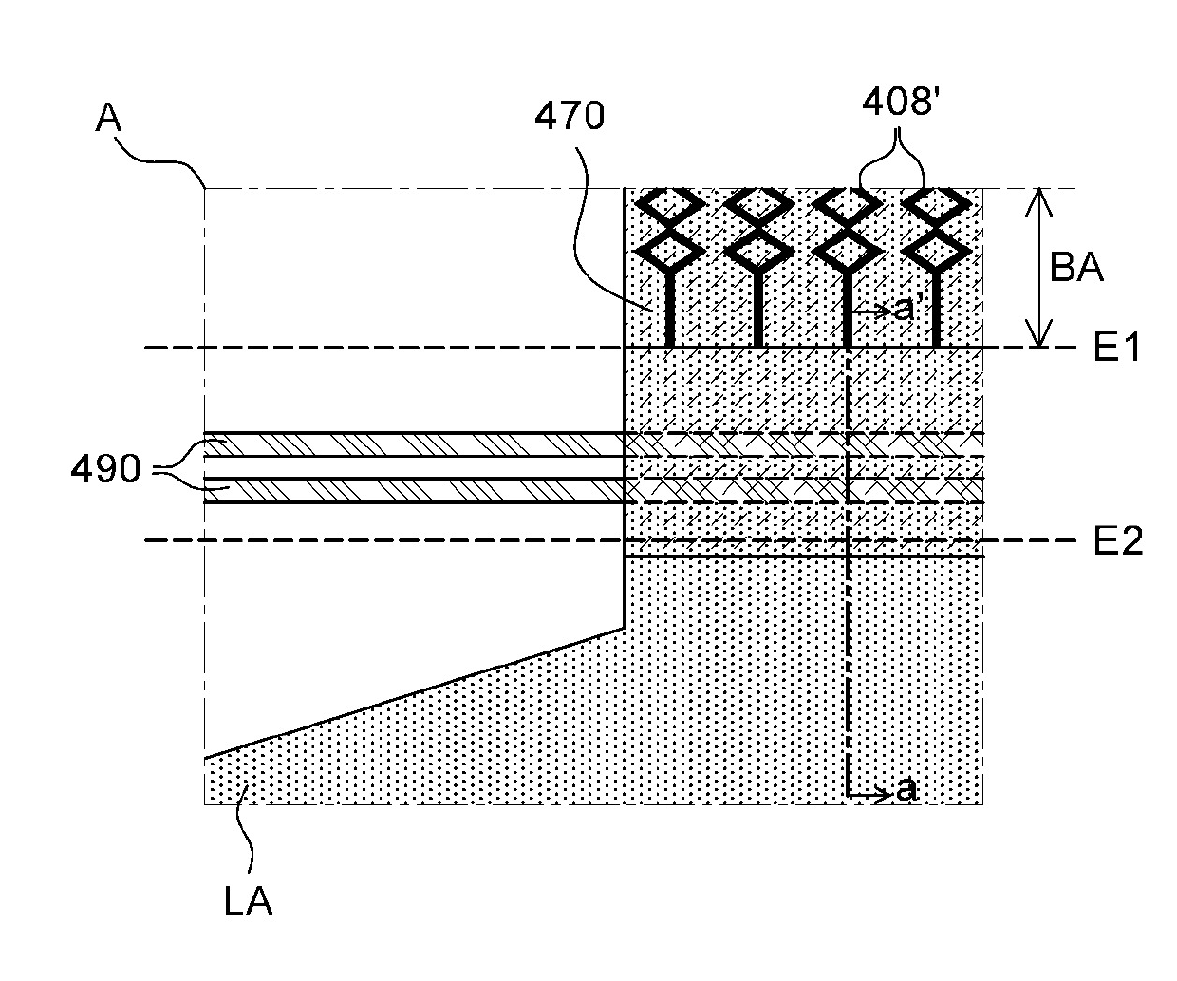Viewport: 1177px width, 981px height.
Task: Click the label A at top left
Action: (111, 120)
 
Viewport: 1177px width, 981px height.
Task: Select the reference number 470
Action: (569, 117)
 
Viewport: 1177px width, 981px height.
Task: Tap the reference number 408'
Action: (899, 101)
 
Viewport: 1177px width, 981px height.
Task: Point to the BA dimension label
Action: (1076, 268)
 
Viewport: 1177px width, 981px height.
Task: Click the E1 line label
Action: (1118, 349)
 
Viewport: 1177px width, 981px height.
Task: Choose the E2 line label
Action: (1118, 541)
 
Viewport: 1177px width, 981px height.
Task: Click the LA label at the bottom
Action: (249, 900)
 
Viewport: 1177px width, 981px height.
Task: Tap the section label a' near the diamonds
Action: (906, 310)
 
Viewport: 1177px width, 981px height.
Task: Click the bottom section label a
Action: (906, 789)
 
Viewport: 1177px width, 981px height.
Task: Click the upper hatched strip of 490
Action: (414, 444)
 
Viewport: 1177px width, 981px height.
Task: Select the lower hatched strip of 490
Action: (414, 490)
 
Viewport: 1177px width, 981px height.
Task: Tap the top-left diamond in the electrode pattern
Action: (670, 203)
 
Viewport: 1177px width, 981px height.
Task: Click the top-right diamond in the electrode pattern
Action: (935, 203)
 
